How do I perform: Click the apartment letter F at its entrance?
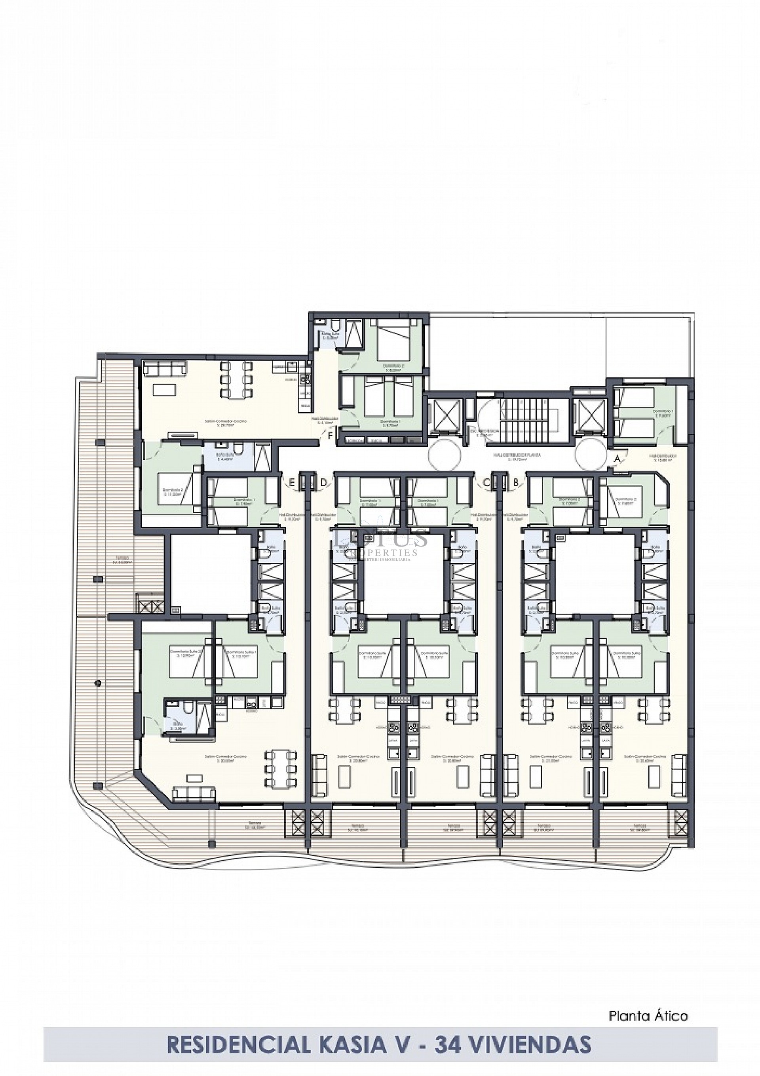(x=331, y=435)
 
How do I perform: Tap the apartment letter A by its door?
(x=617, y=459)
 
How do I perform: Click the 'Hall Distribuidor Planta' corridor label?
(x=515, y=455)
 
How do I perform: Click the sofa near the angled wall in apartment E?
(x=194, y=793)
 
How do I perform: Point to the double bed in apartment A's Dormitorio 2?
(x=622, y=503)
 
